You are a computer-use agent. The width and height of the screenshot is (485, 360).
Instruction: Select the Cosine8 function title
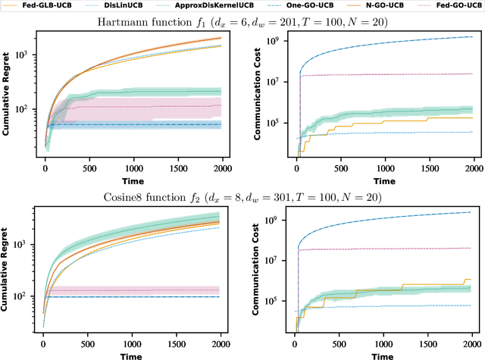pyautogui.click(x=242, y=198)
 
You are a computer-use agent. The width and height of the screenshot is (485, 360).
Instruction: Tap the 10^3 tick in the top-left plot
pyautogui.click(x=29, y=55)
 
